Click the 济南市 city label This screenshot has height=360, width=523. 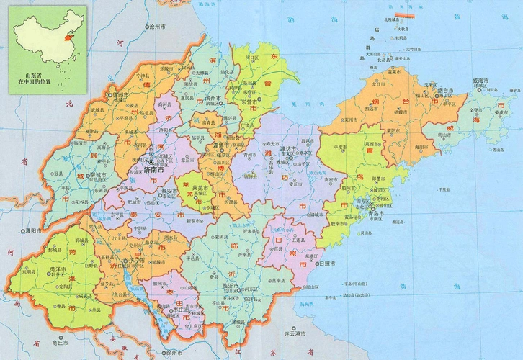150,173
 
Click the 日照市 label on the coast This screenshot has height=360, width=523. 326,264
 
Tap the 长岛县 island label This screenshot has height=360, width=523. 398,51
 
